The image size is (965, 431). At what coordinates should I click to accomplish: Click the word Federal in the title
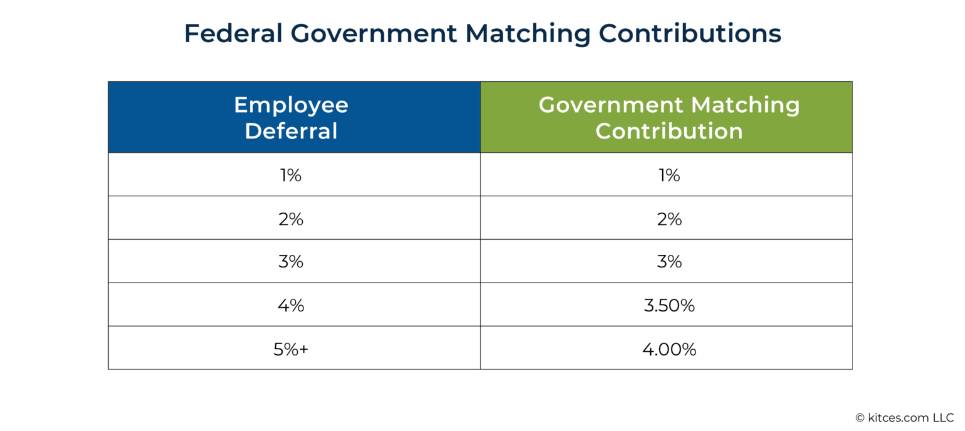pos(233,34)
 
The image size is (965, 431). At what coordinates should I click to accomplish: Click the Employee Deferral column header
pos(291,118)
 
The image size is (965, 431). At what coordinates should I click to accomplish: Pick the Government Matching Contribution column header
pos(669,118)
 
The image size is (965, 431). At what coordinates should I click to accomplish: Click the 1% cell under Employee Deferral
pos(291,176)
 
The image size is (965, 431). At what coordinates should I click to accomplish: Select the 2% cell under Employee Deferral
pos(291,219)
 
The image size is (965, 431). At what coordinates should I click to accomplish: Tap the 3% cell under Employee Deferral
pos(291,262)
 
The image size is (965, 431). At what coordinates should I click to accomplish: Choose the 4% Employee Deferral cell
pos(291,306)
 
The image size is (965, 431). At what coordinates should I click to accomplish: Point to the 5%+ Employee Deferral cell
pos(291,349)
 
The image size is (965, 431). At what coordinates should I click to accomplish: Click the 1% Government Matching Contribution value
pos(669,176)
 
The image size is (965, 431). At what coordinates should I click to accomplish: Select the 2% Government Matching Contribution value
pos(669,219)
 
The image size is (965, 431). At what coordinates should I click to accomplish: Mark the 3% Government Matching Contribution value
pos(669,262)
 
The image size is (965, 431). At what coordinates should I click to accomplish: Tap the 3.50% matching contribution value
pos(669,306)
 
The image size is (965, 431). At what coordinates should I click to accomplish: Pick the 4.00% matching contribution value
pos(669,349)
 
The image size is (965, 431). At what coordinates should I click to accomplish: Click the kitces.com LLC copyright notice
pos(904,418)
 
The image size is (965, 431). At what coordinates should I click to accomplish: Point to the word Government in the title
pos(374,34)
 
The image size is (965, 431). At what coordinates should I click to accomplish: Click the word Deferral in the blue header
pos(291,131)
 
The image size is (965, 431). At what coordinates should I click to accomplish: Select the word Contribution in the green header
pos(669,131)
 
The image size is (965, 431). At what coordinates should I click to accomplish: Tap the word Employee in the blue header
pos(291,104)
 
